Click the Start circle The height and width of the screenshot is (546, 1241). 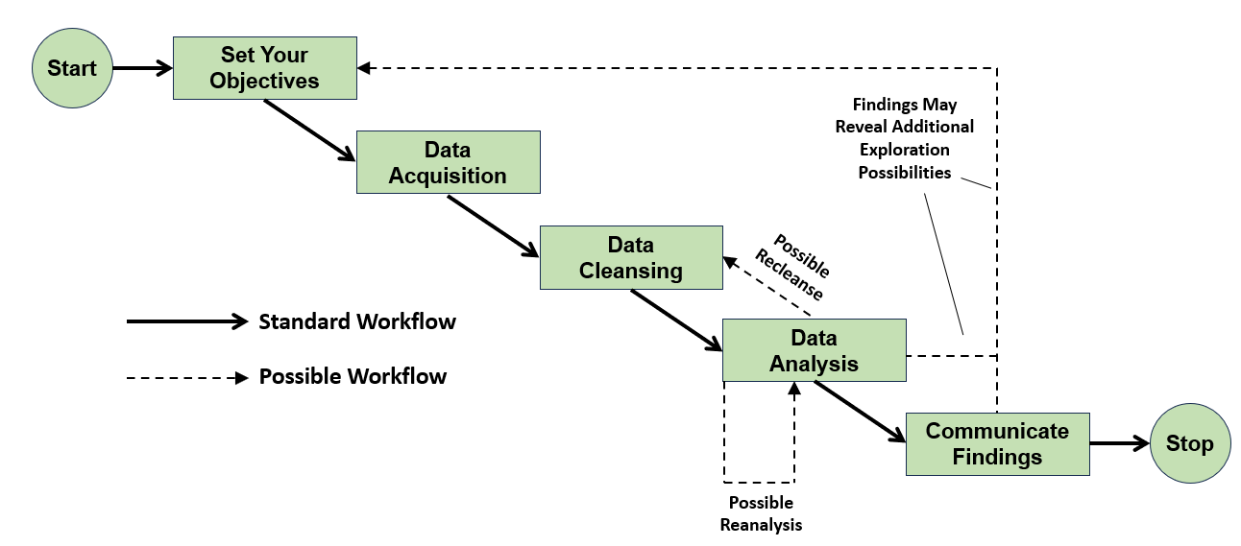(x=72, y=68)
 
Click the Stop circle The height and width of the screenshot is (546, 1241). (x=1189, y=443)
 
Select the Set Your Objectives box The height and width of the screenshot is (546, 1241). (x=264, y=68)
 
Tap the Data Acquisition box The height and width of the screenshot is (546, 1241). (x=448, y=163)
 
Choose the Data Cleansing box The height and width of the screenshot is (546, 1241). (x=631, y=257)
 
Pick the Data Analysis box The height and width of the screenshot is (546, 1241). (x=814, y=351)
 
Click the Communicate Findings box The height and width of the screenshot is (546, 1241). (x=997, y=444)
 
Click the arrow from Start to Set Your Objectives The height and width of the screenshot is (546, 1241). (x=142, y=68)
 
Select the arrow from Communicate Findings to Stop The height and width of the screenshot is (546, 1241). (x=1120, y=443)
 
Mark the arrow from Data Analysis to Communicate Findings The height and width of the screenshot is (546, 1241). (x=860, y=412)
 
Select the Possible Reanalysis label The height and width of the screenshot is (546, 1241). (x=760, y=514)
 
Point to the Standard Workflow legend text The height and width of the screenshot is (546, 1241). (x=357, y=321)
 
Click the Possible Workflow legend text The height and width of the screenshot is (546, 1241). (x=353, y=376)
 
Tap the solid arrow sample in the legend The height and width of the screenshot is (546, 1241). (x=186, y=322)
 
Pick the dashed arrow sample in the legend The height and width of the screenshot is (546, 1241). (x=186, y=377)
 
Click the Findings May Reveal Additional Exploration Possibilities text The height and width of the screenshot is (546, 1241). (x=904, y=138)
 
